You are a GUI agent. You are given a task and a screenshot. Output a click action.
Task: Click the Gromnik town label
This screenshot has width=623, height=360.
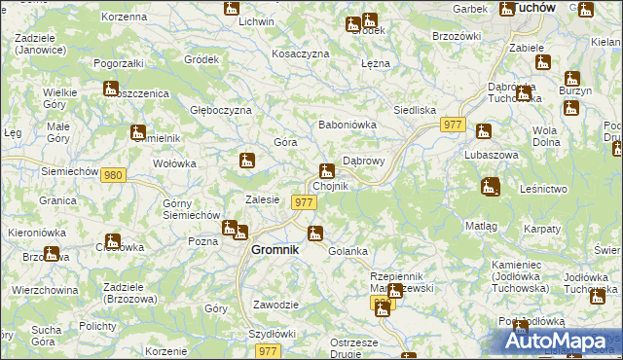tap(275, 249)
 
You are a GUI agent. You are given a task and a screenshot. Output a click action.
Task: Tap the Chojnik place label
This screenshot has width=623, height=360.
tap(330, 186)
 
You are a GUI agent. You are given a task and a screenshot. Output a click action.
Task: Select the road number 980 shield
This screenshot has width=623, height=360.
tap(114, 175)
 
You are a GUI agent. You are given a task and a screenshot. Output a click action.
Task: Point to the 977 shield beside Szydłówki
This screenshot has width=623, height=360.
tap(270, 350)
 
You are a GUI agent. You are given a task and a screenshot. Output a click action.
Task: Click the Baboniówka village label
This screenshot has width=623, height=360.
tap(348, 125)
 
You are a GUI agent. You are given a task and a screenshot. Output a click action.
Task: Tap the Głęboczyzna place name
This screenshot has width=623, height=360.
tap(221, 111)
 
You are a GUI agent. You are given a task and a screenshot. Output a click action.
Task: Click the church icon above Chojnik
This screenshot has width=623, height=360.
tap(327, 171)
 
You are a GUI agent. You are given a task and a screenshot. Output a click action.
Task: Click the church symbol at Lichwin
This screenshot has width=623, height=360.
tap(231, 9)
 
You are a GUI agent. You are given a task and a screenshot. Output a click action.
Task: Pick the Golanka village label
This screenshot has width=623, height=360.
tap(348, 251)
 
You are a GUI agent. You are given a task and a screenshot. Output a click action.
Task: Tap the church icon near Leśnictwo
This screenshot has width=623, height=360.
tap(491, 186)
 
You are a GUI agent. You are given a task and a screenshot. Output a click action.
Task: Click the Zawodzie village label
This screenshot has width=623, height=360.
tap(275, 305)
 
